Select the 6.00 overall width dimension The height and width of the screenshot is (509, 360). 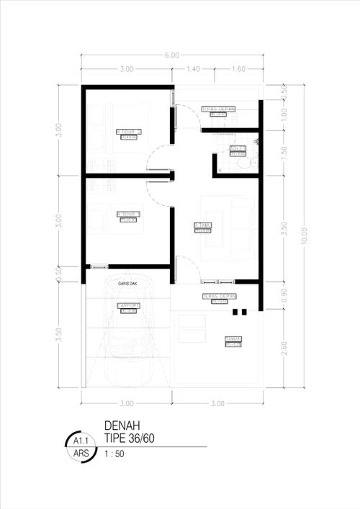coord(171,55)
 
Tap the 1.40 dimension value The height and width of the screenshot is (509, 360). coord(193,69)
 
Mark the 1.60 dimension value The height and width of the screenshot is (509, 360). coord(238,69)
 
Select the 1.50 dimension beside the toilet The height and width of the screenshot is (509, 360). coord(284,151)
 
